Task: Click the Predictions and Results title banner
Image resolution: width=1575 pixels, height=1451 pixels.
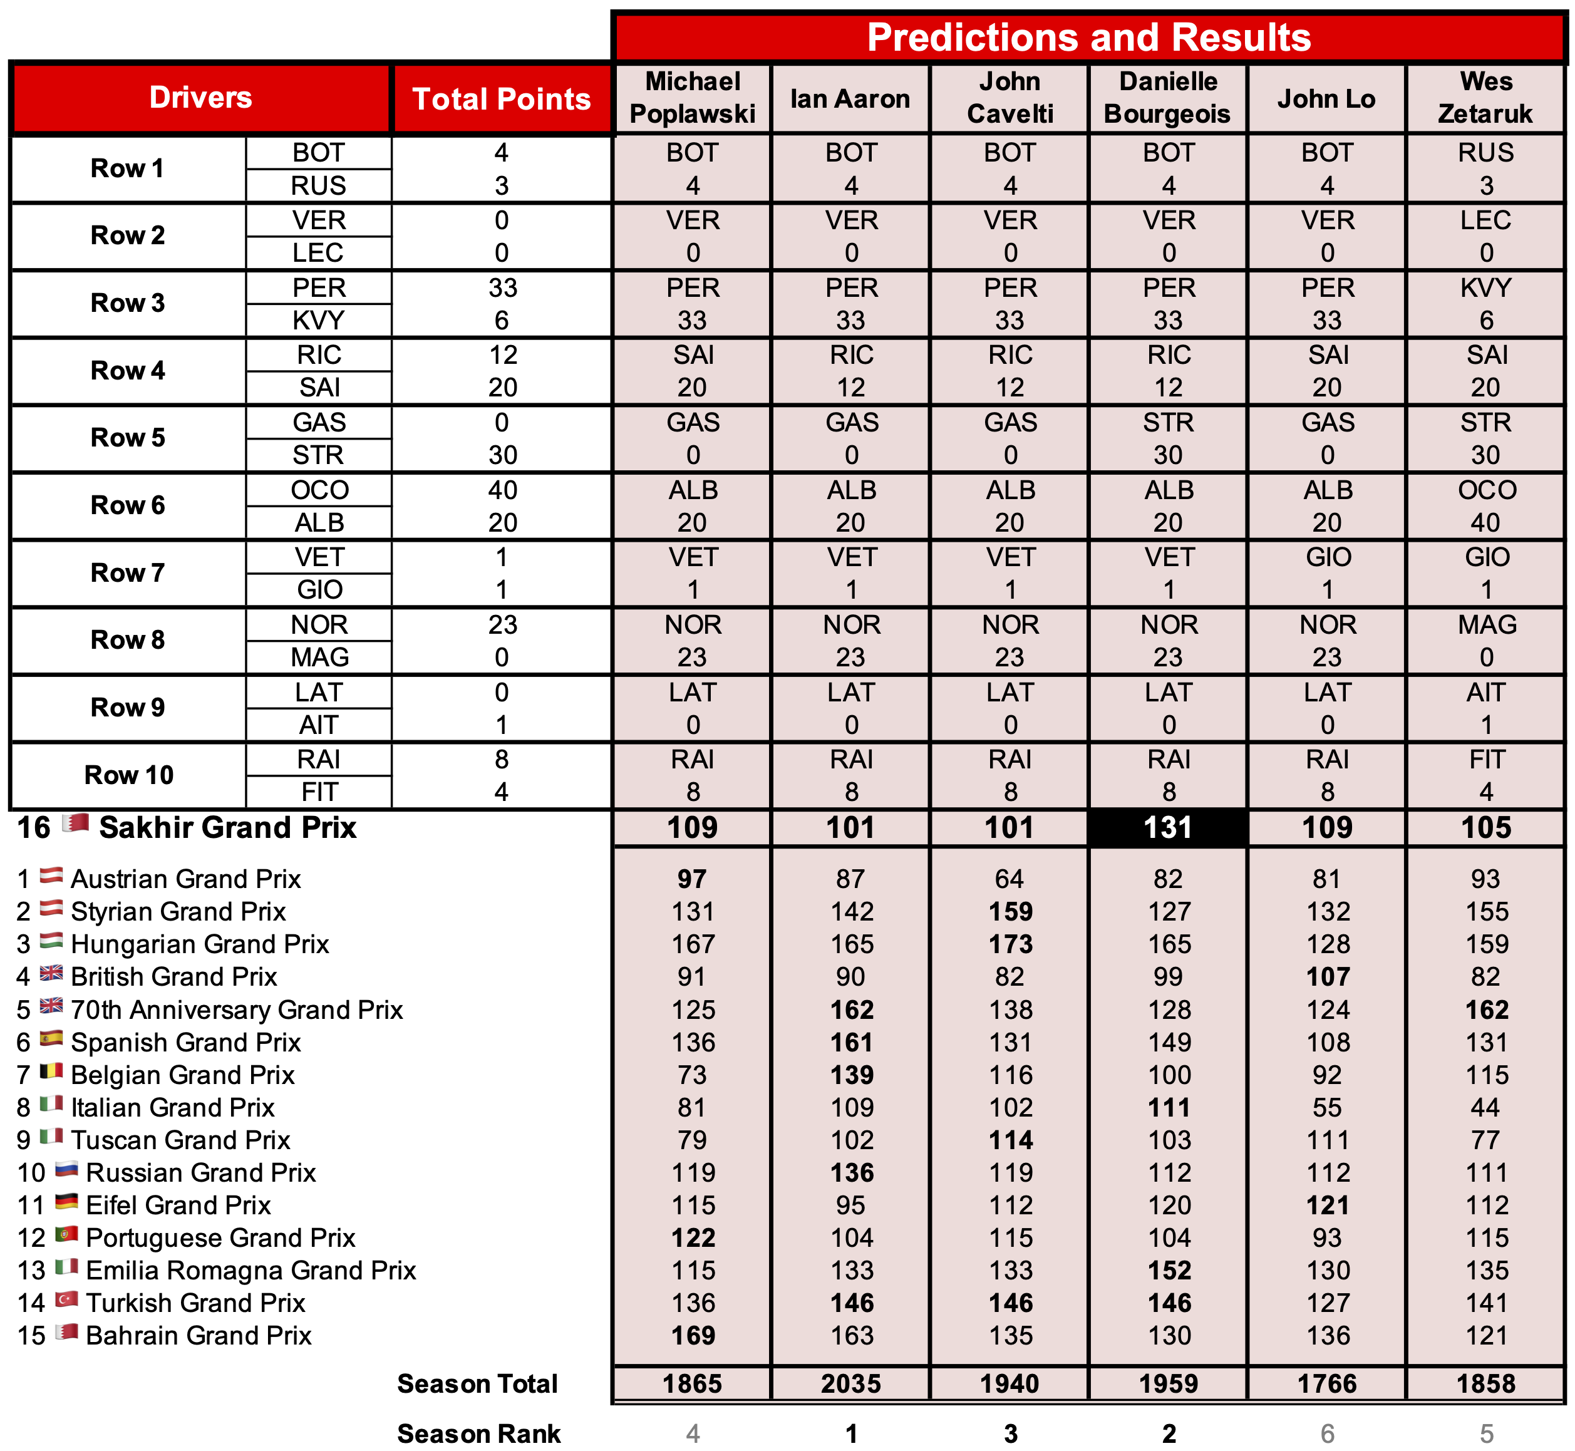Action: click(x=1088, y=37)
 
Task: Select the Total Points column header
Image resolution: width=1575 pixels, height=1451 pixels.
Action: click(x=501, y=99)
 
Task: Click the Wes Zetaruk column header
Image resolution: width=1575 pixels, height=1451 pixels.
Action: click(x=1485, y=98)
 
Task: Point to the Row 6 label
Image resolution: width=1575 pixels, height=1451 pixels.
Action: click(x=128, y=505)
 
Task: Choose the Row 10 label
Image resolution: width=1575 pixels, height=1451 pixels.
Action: click(x=128, y=775)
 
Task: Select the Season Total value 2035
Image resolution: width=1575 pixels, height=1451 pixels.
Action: click(x=851, y=1383)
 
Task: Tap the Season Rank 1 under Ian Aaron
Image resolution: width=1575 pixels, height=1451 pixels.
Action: click(x=851, y=1433)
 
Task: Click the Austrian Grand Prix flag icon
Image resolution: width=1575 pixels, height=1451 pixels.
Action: click(x=51, y=875)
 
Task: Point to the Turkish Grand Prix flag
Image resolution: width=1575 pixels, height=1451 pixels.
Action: click(x=67, y=1299)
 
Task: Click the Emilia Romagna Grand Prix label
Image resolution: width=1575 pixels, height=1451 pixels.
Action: click(x=250, y=1271)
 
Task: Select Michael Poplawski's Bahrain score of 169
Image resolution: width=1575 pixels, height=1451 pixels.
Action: click(x=693, y=1336)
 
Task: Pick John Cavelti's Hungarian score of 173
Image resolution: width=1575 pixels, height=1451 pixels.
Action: click(x=1010, y=944)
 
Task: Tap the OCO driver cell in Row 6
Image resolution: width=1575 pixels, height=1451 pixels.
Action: click(x=319, y=490)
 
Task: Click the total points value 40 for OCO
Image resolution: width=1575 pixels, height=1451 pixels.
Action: click(x=502, y=490)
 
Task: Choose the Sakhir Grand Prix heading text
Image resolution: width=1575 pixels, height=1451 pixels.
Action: click(x=228, y=827)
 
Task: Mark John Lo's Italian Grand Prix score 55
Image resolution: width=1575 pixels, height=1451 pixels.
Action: click(x=1327, y=1107)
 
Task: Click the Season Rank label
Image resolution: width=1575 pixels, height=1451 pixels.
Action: click(x=478, y=1433)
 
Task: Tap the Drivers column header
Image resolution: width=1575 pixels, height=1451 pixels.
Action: click(x=200, y=97)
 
